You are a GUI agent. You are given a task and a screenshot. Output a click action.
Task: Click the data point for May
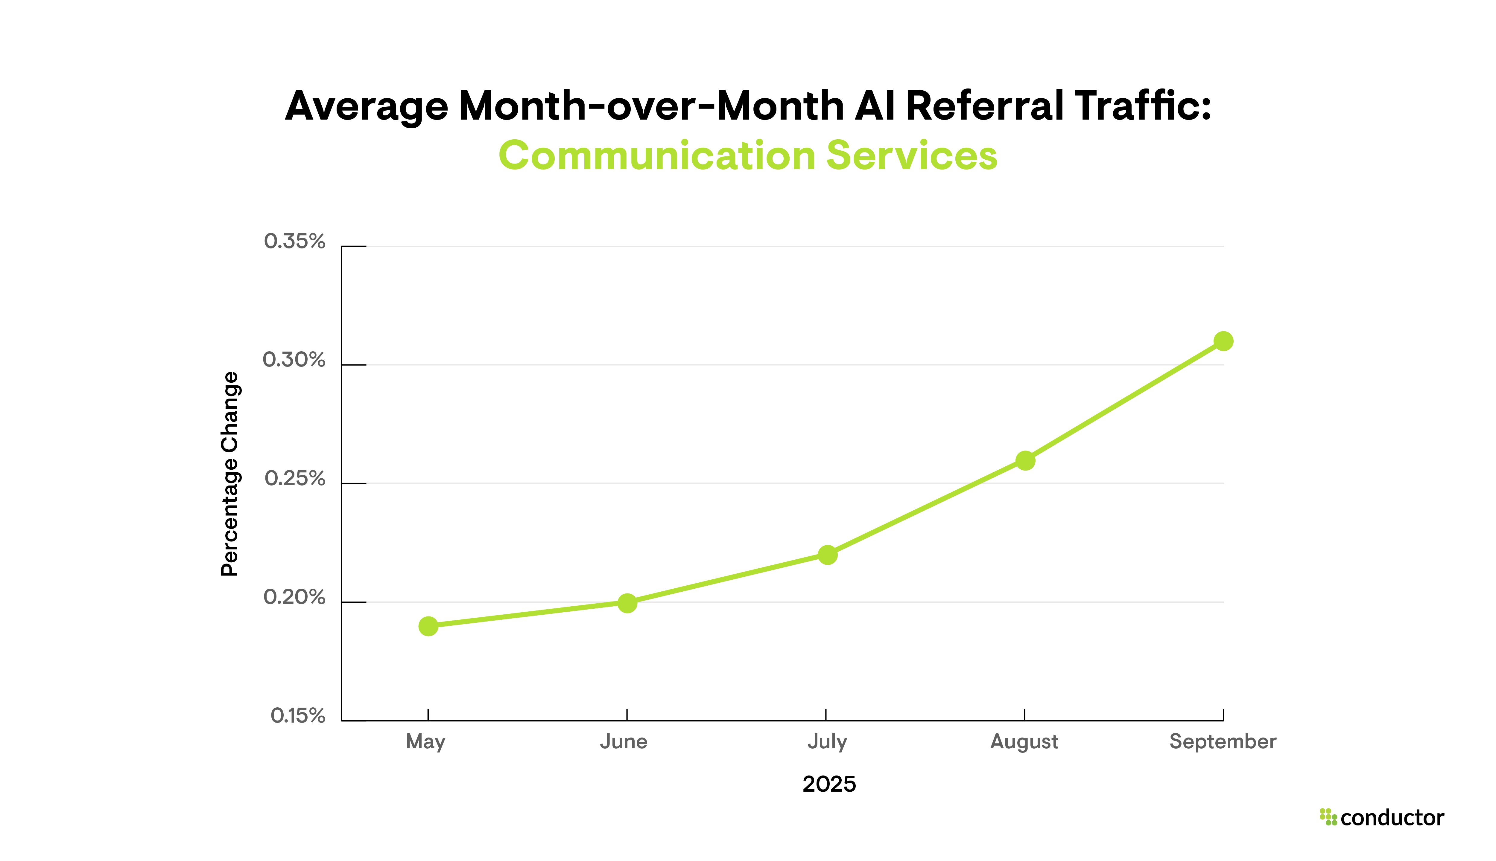point(428,626)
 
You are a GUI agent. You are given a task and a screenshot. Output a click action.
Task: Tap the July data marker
point(827,555)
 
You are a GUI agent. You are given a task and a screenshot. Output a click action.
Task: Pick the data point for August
point(1025,460)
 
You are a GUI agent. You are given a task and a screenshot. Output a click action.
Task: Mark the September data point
point(1223,341)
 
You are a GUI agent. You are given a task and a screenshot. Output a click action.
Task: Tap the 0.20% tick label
point(294,597)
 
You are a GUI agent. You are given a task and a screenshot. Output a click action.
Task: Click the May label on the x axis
point(425,741)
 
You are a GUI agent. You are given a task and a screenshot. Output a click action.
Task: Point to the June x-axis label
point(624,741)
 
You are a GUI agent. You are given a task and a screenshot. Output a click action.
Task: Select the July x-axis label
point(827,741)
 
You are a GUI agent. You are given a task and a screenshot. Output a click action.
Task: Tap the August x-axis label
point(1024,741)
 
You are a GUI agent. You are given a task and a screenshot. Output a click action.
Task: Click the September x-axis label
point(1223,741)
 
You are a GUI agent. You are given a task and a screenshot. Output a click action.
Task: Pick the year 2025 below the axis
point(829,784)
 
